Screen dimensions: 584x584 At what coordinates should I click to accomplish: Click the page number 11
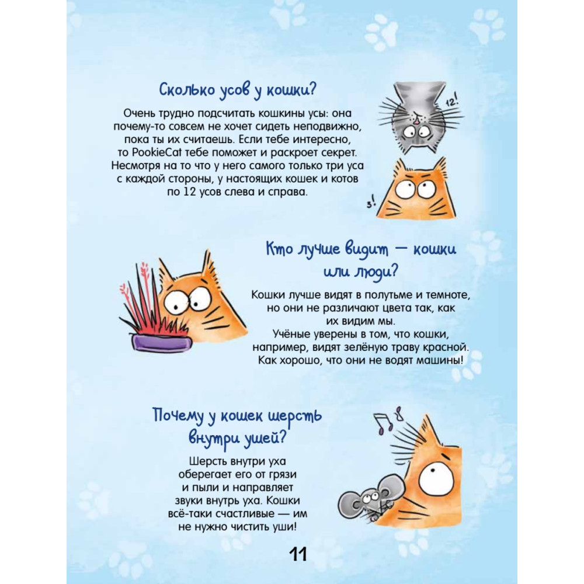298,555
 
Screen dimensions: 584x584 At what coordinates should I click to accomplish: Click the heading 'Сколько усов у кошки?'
238,91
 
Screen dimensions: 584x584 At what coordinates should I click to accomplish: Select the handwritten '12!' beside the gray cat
451,101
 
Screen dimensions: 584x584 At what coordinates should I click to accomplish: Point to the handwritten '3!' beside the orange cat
371,203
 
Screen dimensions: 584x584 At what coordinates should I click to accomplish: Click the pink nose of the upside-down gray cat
416,120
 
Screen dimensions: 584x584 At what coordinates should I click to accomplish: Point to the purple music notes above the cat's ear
388,420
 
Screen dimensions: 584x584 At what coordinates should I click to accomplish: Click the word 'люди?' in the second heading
376,272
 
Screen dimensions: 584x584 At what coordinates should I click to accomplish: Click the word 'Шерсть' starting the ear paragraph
208,461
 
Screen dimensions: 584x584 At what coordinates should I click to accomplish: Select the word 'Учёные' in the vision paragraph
291,334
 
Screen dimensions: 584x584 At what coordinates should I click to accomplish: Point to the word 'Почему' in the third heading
178,416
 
